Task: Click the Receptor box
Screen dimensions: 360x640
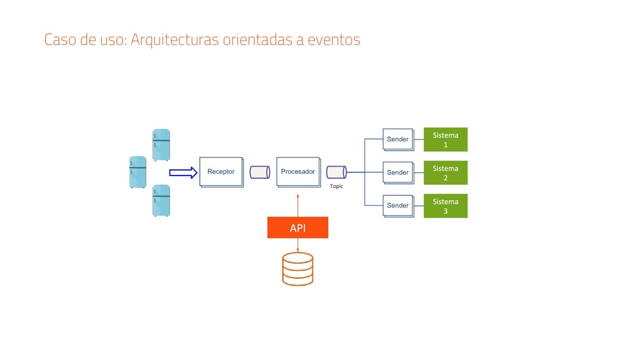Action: (221, 171)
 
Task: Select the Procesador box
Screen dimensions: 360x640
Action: (297, 171)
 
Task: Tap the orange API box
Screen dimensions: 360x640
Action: (297, 227)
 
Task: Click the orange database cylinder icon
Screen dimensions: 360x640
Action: (297, 269)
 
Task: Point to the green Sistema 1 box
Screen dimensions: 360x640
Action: (446, 139)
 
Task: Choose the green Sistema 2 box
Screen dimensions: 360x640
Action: (446, 172)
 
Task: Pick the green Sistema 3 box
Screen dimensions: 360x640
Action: (446, 206)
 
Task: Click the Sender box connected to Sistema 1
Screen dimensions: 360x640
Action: (397, 139)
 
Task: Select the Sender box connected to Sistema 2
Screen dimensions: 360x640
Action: (397, 172)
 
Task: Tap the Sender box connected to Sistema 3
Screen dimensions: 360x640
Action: (397, 206)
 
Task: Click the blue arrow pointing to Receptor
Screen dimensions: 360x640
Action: (183, 172)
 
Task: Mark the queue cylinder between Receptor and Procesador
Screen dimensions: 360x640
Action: (259, 172)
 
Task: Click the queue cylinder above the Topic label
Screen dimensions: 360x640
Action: (336, 172)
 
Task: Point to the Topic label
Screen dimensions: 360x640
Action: (336, 186)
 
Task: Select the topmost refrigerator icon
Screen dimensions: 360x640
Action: (161, 144)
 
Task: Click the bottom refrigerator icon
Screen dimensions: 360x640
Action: (161, 201)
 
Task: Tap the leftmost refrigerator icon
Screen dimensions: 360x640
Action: (137, 172)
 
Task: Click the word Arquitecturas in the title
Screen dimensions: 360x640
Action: (175, 40)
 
